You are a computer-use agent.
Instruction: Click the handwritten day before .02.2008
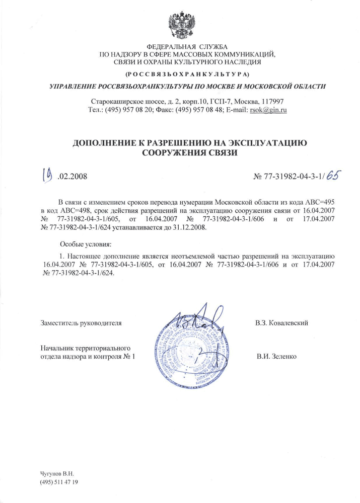click(48, 176)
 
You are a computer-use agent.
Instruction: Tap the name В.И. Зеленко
click(276, 357)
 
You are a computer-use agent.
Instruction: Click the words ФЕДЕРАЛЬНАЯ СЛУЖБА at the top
click(180, 47)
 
